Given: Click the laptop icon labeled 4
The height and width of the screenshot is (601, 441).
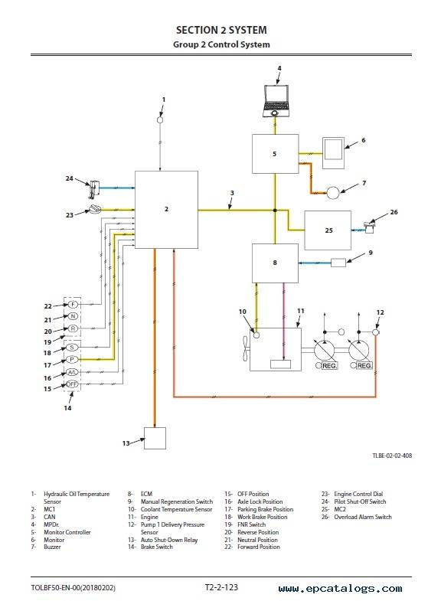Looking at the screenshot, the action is click(x=275, y=101).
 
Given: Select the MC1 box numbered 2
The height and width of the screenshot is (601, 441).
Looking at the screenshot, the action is click(x=166, y=210).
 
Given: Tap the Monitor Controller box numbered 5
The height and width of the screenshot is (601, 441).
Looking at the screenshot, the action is click(x=275, y=154).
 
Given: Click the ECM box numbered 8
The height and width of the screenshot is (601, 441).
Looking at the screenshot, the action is click(x=275, y=263).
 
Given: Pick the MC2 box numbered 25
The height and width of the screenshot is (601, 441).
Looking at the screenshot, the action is click(x=328, y=230).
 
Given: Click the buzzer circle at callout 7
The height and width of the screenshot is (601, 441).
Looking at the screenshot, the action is click(x=333, y=192).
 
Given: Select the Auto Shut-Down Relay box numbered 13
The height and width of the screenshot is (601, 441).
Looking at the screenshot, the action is click(x=155, y=438).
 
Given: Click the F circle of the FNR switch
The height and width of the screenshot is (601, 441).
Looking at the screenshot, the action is click(x=73, y=305).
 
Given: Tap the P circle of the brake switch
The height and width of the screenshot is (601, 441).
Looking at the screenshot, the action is click(x=72, y=360).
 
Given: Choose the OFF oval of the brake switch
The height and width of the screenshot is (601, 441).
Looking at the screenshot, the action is click(x=72, y=384).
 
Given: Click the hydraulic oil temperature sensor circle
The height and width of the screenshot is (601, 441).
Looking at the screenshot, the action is click(x=160, y=120).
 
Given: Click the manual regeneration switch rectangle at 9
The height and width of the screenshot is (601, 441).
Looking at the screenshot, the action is click(x=338, y=263).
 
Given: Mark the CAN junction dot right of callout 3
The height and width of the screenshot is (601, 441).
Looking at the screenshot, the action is click(x=275, y=211).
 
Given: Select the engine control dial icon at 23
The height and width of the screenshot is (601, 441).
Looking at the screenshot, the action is click(x=95, y=209).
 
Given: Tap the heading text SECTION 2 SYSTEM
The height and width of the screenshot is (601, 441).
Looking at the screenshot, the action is click(x=221, y=30).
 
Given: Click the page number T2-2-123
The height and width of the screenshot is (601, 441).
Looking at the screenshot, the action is click(x=221, y=587).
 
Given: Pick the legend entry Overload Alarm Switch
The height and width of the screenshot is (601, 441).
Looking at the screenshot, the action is click(x=363, y=517).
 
